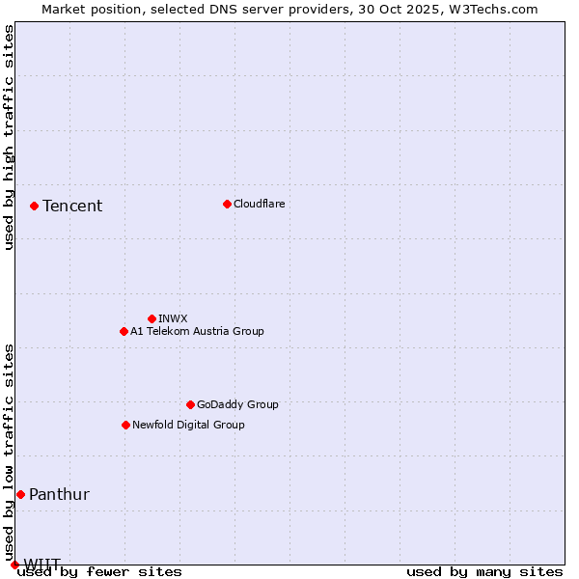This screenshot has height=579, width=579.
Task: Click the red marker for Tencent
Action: coord(34,206)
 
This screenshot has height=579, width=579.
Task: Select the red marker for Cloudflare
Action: coord(227,204)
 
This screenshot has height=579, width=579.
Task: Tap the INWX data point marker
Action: coord(152,318)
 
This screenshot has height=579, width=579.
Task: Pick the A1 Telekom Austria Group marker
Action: coord(124,331)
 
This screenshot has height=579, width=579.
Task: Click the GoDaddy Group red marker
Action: coord(190,404)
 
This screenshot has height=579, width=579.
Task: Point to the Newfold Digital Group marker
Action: coord(125,425)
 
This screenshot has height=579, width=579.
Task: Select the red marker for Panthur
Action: coord(20,494)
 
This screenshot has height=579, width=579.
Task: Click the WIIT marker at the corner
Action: coord(14,565)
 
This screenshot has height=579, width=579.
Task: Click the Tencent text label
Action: coord(72,206)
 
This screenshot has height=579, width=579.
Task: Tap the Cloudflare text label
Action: coord(260,204)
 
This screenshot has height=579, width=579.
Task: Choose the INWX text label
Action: coord(173,318)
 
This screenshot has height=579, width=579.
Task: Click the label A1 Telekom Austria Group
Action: coord(197,331)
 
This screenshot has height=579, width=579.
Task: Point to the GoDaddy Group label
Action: coord(237,404)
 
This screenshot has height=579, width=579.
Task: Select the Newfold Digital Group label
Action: coord(188,425)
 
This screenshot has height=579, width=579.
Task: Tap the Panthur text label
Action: coord(59,494)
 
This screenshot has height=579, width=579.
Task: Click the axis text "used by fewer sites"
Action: coord(100,571)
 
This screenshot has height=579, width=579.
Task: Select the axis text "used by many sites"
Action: coord(484,571)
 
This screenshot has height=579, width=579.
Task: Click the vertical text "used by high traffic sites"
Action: coord(9,137)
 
